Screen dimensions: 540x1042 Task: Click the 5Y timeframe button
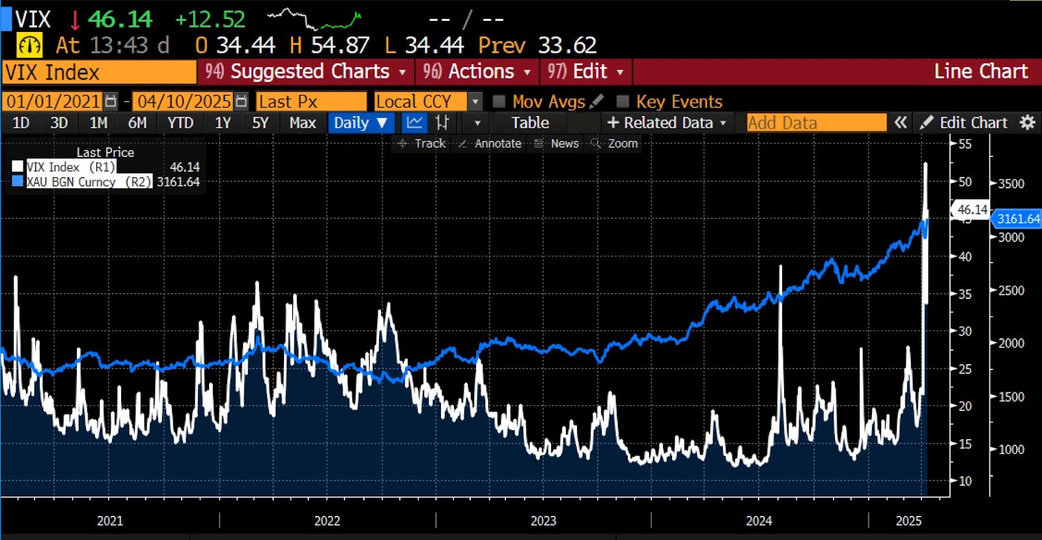(x=260, y=122)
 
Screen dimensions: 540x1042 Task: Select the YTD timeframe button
(x=180, y=122)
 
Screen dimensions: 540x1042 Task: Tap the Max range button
(x=303, y=122)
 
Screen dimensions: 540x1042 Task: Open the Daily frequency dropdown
(x=361, y=122)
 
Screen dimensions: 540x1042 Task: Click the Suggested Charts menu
(x=305, y=71)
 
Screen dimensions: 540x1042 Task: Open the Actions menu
(x=476, y=71)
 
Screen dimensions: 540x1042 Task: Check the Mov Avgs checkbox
(x=500, y=102)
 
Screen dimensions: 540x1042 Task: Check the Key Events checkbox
(x=623, y=102)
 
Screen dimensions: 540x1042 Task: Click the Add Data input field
(x=816, y=122)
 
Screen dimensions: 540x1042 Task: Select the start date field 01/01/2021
(x=53, y=102)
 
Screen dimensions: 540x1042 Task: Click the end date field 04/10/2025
(x=184, y=102)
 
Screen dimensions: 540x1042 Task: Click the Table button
(x=530, y=122)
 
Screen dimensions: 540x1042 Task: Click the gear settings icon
(x=1027, y=122)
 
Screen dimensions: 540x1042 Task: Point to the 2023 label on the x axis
(x=543, y=520)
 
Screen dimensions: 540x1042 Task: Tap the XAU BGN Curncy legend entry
(x=70, y=182)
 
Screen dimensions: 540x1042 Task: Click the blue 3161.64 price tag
(x=1018, y=219)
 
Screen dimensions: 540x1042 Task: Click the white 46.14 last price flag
(x=972, y=210)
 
